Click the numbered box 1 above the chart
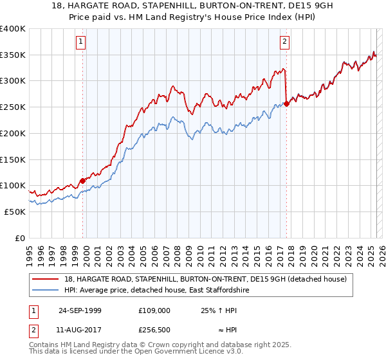tap(81, 43)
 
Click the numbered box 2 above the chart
tap(284, 43)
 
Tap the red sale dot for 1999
tap(82, 181)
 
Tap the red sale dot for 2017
tap(286, 104)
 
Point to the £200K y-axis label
tap(13, 133)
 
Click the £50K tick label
tap(15, 212)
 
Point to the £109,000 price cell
tap(154, 310)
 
